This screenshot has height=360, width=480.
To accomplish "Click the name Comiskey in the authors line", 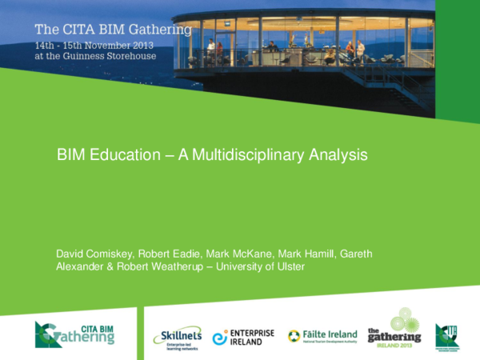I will (114, 254).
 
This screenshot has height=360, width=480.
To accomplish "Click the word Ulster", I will (290, 266).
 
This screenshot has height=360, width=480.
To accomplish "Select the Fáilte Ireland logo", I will (322, 336).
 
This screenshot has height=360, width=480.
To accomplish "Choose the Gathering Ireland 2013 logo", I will (394, 329).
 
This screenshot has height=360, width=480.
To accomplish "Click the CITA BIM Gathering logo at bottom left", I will (75, 333).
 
